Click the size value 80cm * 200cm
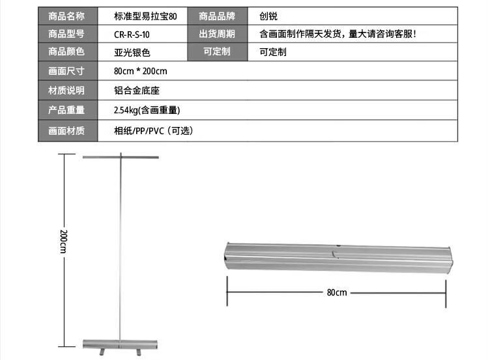[140, 70]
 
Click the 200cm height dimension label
[63, 242]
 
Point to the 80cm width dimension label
[337, 292]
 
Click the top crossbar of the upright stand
[121, 158]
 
